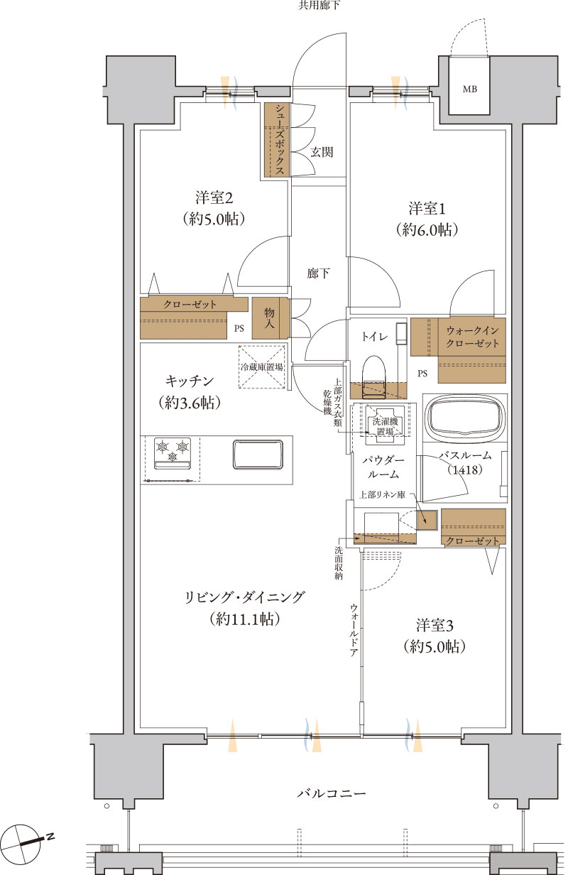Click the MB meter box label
[x=469, y=89]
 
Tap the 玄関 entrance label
[x=322, y=152]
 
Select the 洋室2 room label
[x=214, y=197]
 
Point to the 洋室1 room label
[x=427, y=208]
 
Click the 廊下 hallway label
[x=318, y=273]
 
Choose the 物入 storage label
[x=269, y=318]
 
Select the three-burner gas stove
[x=173, y=454]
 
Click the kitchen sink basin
[x=258, y=455]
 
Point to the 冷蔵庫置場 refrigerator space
[x=261, y=367]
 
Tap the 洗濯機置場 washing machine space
[x=385, y=427]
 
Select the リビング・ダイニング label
[x=244, y=597]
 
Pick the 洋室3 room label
[x=434, y=626]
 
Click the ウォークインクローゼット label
[x=472, y=337]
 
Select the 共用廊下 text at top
[x=319, y=6]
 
